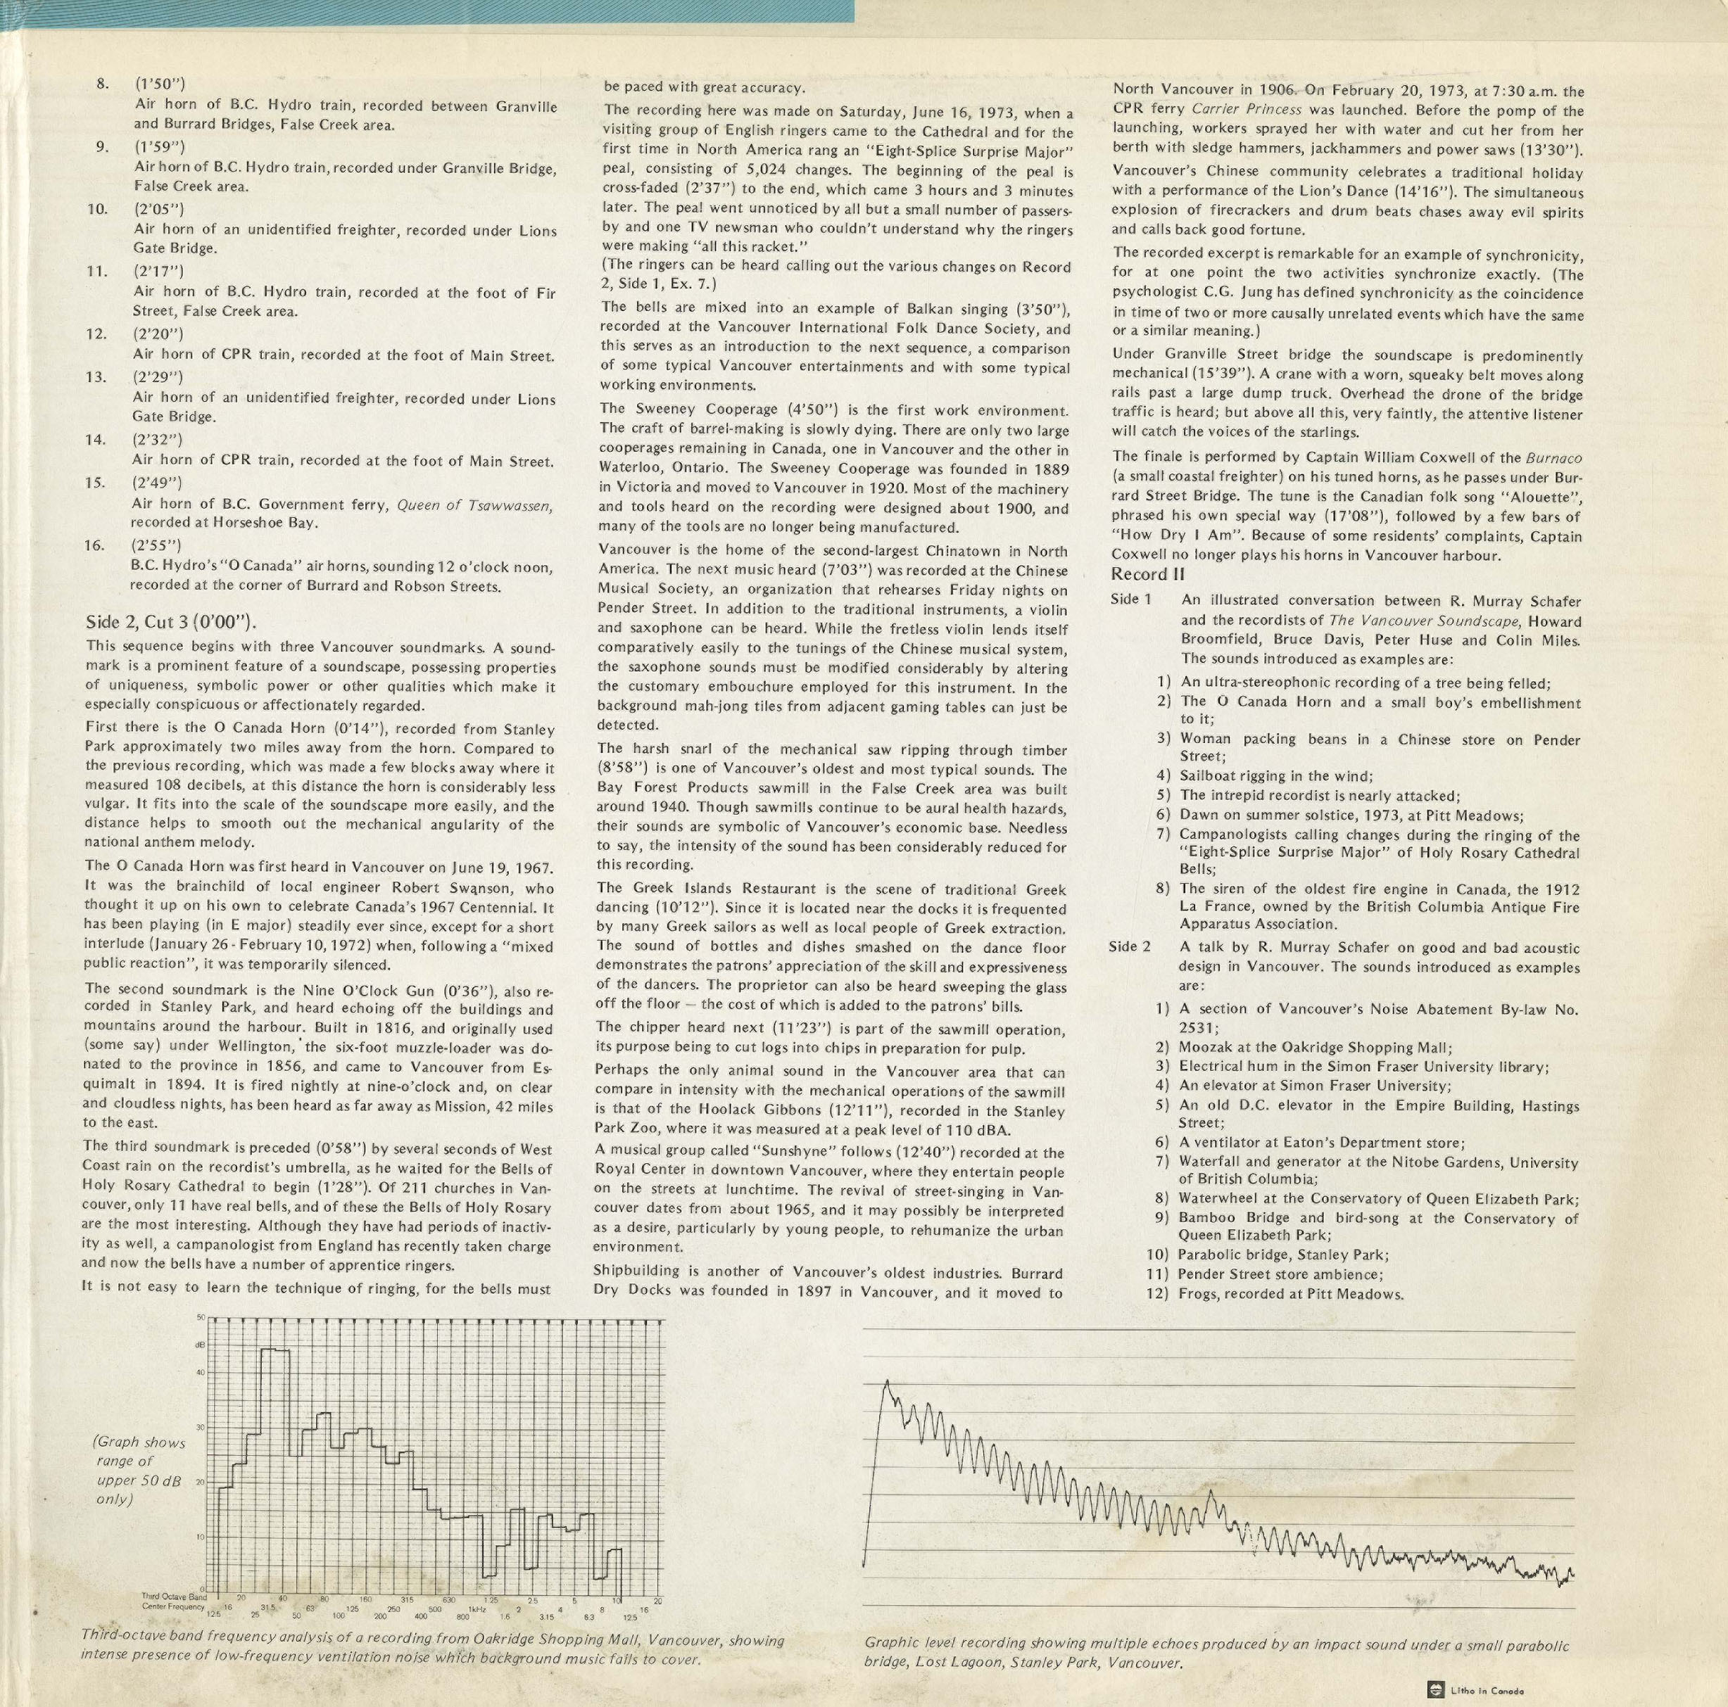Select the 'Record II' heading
tap(1147, 574)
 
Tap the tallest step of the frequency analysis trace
tap(275, 1350)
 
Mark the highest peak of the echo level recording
tap(886, 1383)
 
